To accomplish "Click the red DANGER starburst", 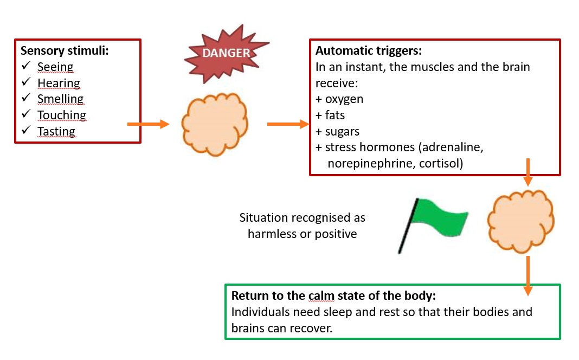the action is tap(226, 54).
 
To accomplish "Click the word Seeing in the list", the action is tap(55, 67).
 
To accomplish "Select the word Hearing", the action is tap(59, 83).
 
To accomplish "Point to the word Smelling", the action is tap(61, 99).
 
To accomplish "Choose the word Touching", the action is tap(62, 115).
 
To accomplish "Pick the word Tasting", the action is tap(56, 131).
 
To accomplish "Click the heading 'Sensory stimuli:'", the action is tap(65, 50).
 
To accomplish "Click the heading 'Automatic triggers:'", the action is tap(369, 50).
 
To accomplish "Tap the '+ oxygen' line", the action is tap(339, 99).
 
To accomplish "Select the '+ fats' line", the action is tap(330, 115).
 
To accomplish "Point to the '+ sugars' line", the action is tap(338, 132).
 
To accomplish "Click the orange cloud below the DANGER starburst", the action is tap(215, 124).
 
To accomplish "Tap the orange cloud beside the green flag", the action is tap(520, 222).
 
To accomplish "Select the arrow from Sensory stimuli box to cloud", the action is tap(149, 124).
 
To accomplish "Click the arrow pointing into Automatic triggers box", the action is tap(288, 124).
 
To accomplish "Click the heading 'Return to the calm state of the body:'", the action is tap(333, 296).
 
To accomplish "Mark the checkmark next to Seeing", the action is tap(26, 66).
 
